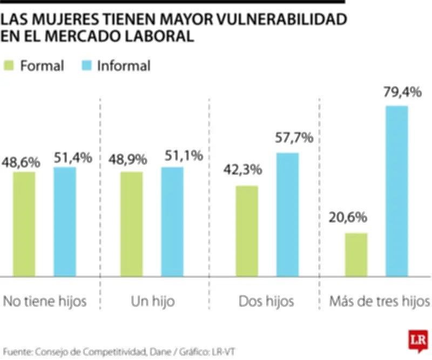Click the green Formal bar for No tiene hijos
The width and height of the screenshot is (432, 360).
(24, 224)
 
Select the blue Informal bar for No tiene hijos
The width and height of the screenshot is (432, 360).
(64, 222)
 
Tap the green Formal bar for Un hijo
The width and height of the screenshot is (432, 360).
(131, 224)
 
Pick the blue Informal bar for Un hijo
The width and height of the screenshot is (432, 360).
(172, 222)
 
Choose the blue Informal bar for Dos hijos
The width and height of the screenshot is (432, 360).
(287, 215)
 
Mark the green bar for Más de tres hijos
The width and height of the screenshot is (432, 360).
(356, 255)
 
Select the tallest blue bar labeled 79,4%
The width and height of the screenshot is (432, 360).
(396, 191)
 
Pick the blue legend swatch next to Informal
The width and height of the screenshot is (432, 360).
(86, 66)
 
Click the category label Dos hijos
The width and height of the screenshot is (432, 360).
(266, 301)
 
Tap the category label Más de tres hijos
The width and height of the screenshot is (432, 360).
(380, 301)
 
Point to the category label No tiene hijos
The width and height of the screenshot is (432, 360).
(45, 301)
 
